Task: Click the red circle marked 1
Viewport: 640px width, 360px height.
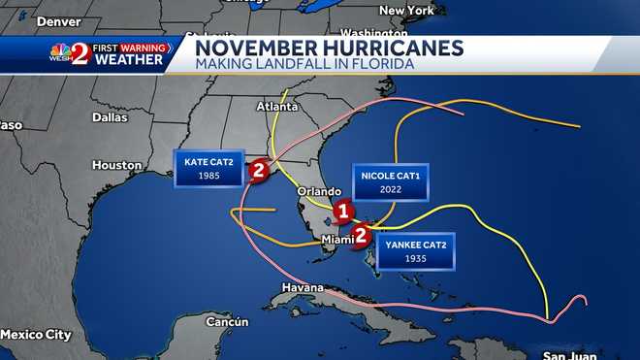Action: click(341, 211)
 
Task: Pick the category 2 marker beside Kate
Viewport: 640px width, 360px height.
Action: click(258, 171)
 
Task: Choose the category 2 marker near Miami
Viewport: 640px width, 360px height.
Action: click(361, 233)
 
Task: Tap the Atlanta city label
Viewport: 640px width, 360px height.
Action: click(278, 106)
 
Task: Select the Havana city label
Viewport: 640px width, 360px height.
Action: click(302, 288)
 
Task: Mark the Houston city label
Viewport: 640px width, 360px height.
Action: click(117, 165)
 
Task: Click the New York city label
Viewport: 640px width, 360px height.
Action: click(404, 10)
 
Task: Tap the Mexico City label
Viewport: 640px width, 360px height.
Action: click(36, 334)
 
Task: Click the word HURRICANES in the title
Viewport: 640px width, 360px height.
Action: click(382, 48)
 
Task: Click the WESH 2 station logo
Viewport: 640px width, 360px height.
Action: click(70, 53)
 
